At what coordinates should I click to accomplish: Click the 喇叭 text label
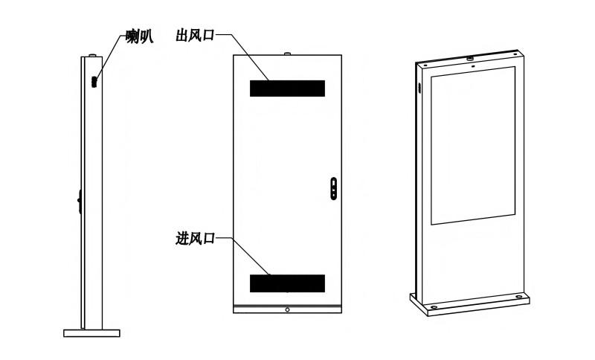tap(139, 36)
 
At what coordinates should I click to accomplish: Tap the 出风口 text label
tap(195, 35)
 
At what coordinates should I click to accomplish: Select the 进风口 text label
tap(195, 238)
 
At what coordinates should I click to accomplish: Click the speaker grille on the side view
tap(94, 82)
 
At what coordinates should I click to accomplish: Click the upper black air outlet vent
tap(287, 89)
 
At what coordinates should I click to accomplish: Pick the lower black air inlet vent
tap(287, 283)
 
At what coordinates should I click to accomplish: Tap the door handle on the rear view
tap(333, 188)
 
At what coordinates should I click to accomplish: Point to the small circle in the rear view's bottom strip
tap(287, 310)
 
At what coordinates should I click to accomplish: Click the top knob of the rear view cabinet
tap(287, 54)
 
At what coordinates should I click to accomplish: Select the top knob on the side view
tap(92, 55)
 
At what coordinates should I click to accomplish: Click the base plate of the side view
tap(91, 333)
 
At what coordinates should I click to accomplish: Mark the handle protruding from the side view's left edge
tap(80, 201)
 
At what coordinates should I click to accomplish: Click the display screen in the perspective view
tap(473, 146)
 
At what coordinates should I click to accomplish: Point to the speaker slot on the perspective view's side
tap(420, 88)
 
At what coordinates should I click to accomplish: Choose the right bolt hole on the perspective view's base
tap(518, 297)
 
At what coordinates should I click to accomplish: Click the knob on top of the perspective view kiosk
tap(470, 59)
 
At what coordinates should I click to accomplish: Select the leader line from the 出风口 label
tap(243, 57)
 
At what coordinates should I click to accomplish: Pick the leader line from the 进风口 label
tap(243, 257)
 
